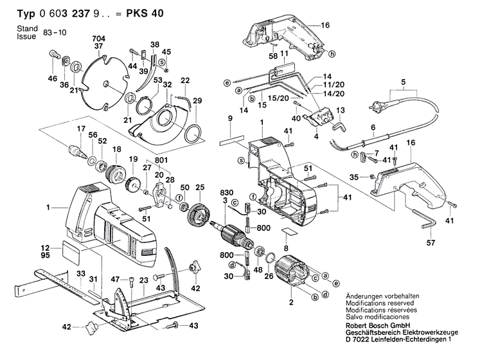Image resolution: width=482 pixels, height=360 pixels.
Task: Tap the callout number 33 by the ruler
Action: [80, 274]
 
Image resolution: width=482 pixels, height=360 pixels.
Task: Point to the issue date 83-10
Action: [55, 31]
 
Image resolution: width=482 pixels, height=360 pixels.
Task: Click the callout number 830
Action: [226, 193]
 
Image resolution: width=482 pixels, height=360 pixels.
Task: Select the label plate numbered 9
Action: [230, 137]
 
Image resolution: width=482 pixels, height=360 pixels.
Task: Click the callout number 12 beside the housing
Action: [46, 248]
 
